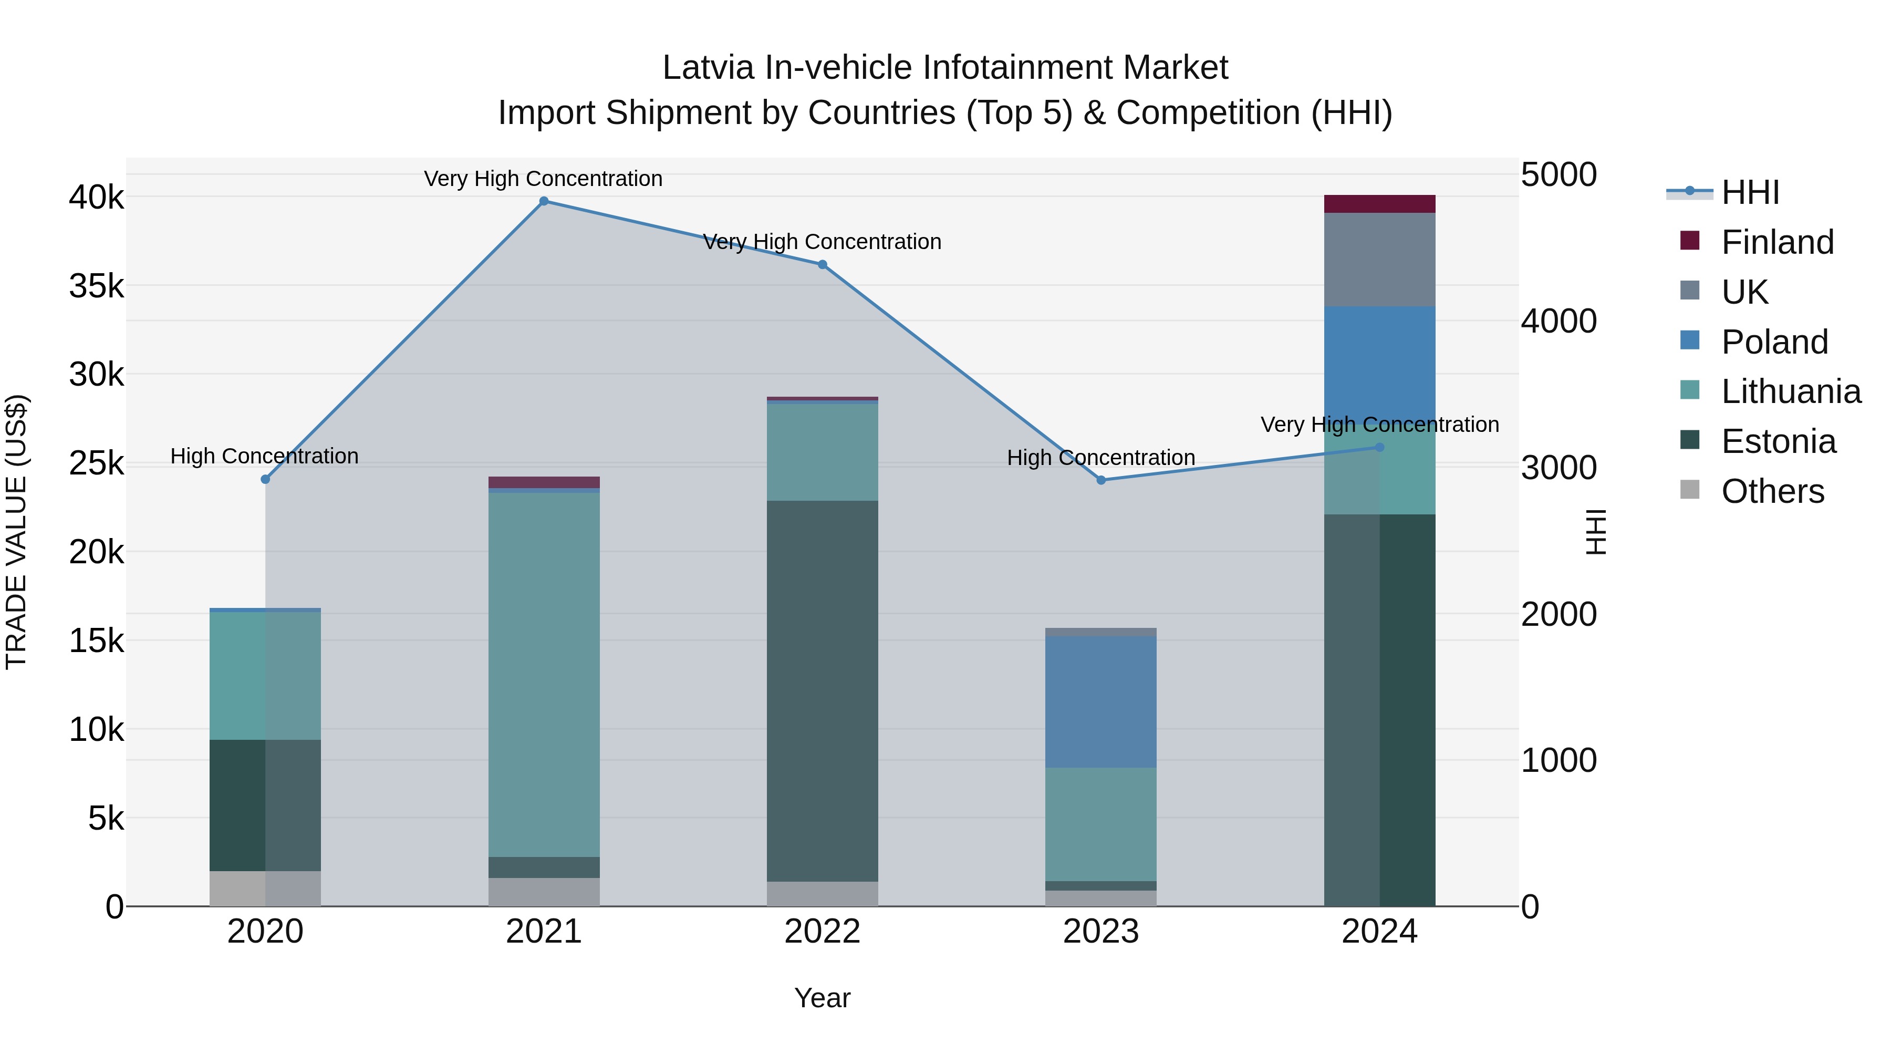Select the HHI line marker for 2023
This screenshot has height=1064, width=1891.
point(1100,480)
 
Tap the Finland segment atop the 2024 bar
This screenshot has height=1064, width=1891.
point(1379,204)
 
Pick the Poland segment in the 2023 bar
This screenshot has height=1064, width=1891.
point(1100,701)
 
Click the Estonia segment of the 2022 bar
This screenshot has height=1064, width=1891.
point(822,690)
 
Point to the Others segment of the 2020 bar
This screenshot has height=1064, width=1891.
point(265,889)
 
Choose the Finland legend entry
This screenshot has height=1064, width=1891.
point(1776,242)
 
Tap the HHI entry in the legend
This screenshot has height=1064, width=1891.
point(1749,192)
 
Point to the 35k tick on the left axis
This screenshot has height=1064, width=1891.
point(96,286)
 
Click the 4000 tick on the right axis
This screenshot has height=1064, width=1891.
point(1558,321)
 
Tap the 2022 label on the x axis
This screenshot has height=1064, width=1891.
point(822,932)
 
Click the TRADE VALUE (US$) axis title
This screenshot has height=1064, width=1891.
point(16,532)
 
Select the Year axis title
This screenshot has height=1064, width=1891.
point(822,998)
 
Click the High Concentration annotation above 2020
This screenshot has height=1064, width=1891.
point(264,456)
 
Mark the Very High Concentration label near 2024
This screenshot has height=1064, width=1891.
point(1379,425)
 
